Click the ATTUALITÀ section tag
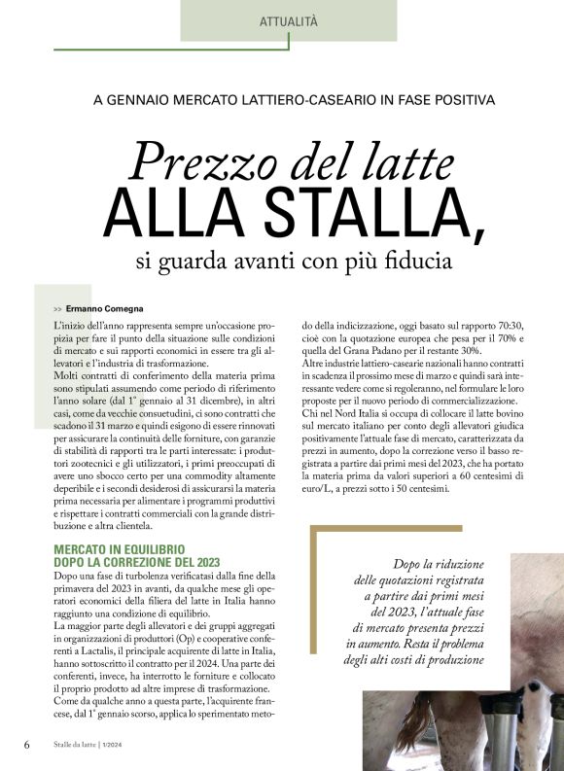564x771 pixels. (x=289, y=21)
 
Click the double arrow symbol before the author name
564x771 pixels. (x=59, y=308)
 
